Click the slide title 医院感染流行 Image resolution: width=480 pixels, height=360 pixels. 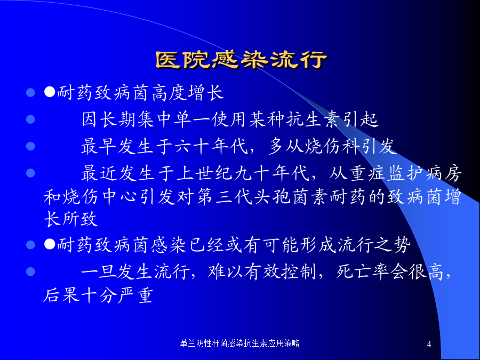click(x=242, y=60)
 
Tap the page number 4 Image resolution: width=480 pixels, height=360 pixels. click(x=429, y=344)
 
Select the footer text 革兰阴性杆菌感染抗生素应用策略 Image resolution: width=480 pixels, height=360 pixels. click(x=239, y=343)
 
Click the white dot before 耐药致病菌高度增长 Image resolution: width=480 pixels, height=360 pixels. click(x=50, y=92)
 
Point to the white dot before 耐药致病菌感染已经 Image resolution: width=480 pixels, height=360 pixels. click(x=50, y=244)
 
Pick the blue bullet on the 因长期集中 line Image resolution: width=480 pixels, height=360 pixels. click(x=30, y=119)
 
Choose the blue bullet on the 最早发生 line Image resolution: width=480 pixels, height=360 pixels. click(x=30, y=146)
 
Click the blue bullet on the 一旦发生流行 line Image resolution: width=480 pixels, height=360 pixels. click(x=30, y=271)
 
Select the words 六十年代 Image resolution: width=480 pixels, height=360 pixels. click(x=212, y=146)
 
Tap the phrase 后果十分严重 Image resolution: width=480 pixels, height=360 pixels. click(x=98, y=295)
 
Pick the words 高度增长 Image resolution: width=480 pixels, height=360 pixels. click(x=187, y=92)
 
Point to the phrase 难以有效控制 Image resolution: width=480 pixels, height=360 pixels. click(x=262, y=271)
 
